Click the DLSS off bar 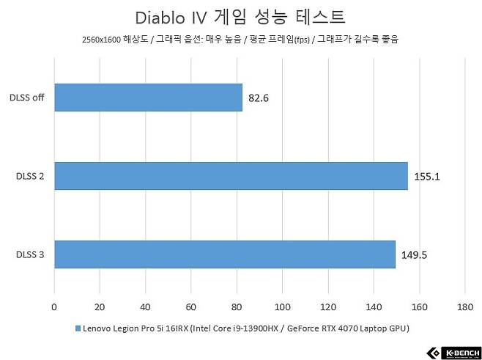[148, 98]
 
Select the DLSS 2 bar [231, 176]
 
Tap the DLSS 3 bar [224, 254]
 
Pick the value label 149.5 [416, 255]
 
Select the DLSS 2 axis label [29, 177]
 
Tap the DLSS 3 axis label [29, 255]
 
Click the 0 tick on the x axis [54, 307]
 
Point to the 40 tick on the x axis [145, 307]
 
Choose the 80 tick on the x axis [237, 307]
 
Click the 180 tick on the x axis [464, 307]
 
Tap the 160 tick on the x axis [419, 307]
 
